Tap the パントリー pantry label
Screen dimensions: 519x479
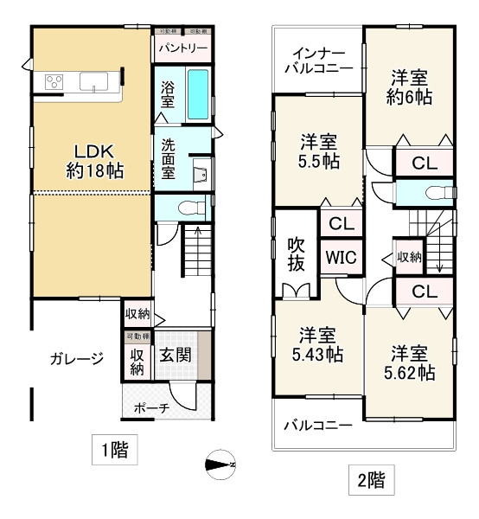182,48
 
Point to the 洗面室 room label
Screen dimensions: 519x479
168,158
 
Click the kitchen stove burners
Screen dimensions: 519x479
54,83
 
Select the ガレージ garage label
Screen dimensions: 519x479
77,357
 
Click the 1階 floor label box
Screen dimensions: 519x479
113,450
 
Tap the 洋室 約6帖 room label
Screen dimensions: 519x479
409,86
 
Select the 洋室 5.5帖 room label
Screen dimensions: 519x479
319,151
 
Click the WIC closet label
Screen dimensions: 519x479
341,257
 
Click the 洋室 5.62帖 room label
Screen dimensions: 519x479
410,362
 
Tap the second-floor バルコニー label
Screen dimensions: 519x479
317,426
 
